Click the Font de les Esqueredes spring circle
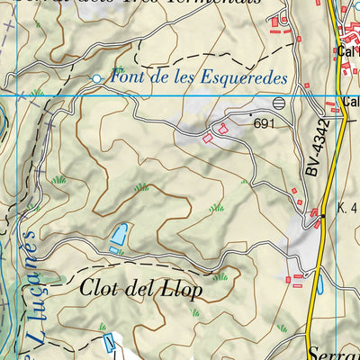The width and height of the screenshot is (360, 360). [x=97, y=79]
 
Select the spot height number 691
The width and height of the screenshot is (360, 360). [x=263, y=123]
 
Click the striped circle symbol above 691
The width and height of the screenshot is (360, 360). [x=278, y=103]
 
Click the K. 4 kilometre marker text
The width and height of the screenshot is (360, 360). [x=347, y=208]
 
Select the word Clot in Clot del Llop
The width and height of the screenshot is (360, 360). [x=100, y=290]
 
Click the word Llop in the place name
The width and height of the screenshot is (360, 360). [x=183, y=291]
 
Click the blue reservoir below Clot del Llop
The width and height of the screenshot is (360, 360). [x=109, y=342]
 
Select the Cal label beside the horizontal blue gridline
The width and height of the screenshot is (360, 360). [x=349, y=102]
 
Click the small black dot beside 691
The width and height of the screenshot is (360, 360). [x=249, y=116]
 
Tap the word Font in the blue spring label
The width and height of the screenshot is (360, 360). [x=127, y=78]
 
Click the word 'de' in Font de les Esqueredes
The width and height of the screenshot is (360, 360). [x=157, y=78]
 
